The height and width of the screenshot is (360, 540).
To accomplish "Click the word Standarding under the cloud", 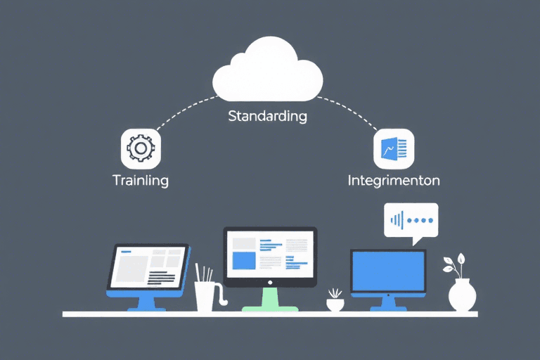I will pyautogui.click(x=268, y=116).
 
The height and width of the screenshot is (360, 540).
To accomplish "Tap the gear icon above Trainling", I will pyautogui.click(x=141, y=148).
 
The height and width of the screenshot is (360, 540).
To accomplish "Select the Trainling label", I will pyautogui.click(x=141, y=180).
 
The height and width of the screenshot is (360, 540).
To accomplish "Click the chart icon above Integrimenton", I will pyautogui.click(x=394, y=148).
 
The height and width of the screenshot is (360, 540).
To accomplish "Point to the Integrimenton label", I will pyautogui.click(x=394, y=180).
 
